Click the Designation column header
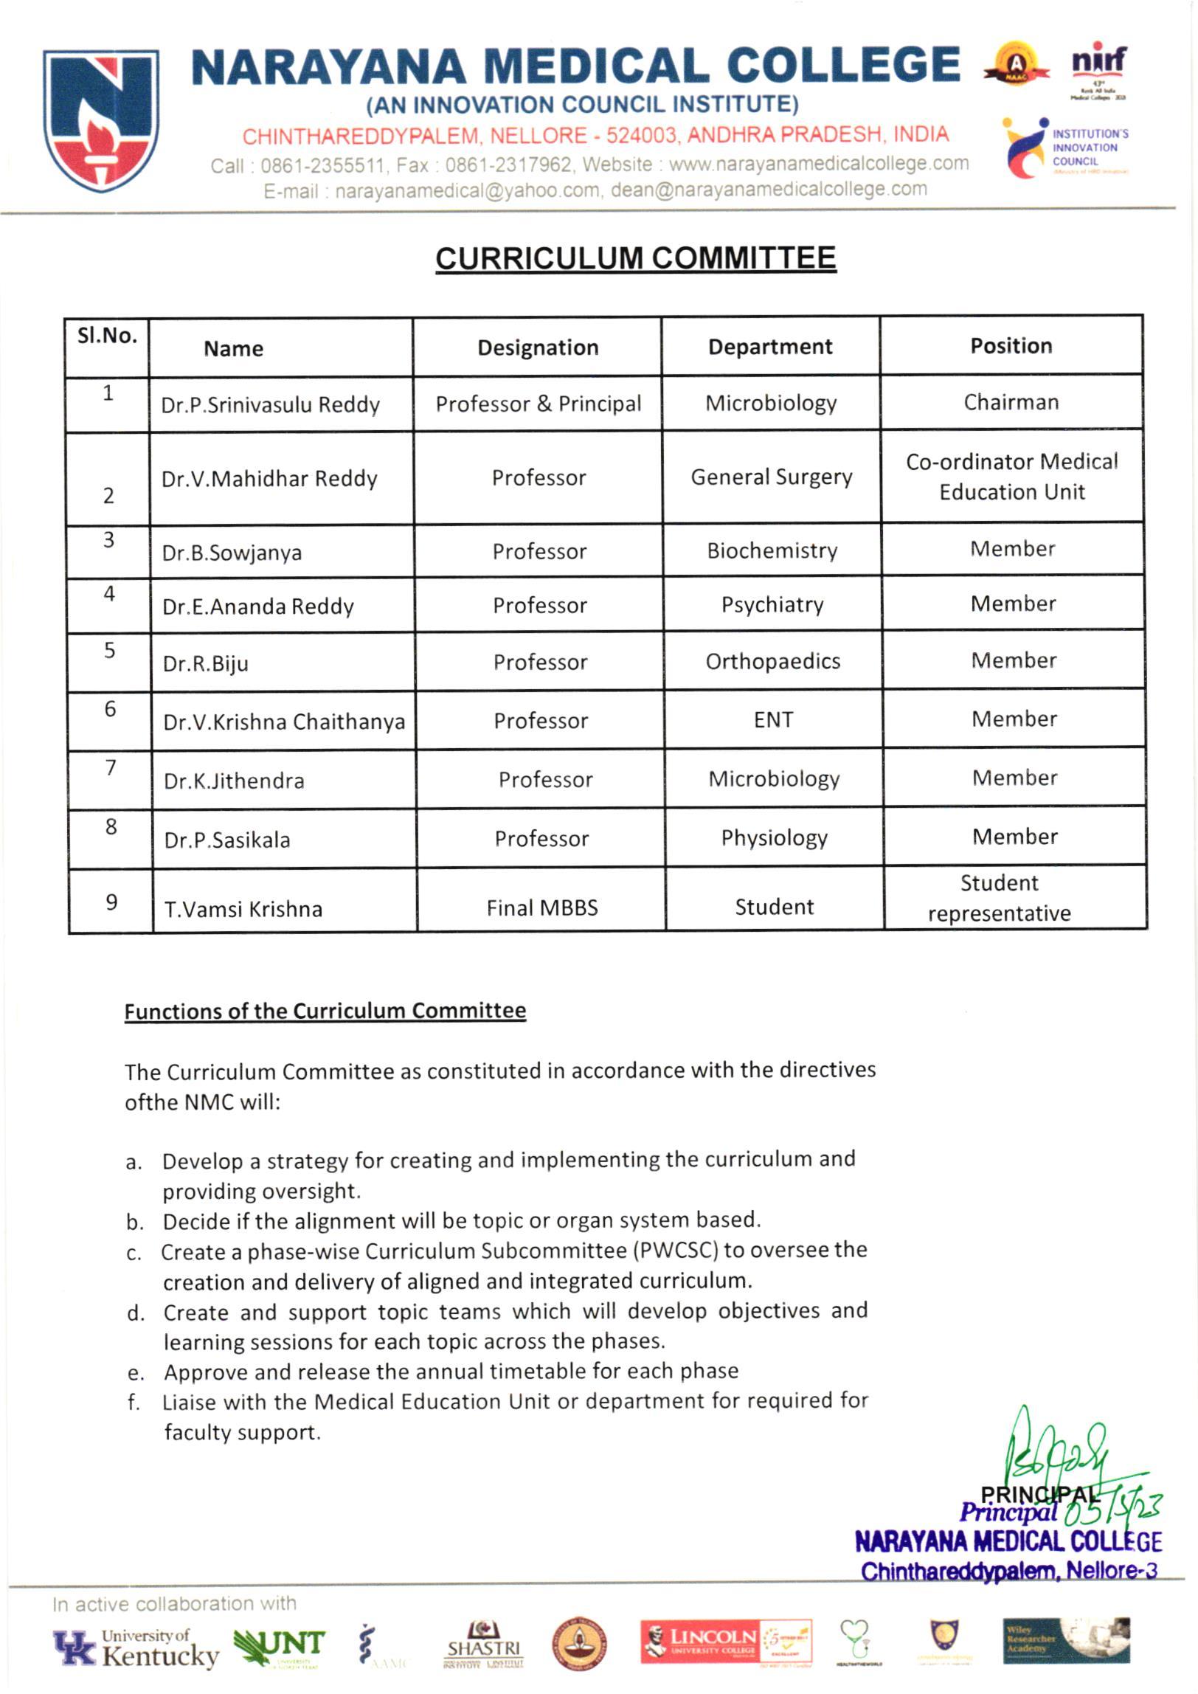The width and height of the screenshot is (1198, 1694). (538, 348)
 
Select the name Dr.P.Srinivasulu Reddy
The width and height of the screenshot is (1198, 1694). (270, 405)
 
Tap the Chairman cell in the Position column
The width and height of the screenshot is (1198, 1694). (1011, 402)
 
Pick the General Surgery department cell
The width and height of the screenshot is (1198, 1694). (771, 477)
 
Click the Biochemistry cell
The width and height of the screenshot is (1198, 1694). (772, 550)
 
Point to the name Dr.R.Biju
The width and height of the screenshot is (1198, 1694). (205, 663)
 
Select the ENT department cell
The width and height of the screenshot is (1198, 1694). (773, 719)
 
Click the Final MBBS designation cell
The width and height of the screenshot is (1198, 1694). (541, 907)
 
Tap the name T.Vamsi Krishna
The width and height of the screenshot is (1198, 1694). (243, 909)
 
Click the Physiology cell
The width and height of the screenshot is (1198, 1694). (774, 837)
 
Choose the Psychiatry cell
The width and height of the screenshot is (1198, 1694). (772, 605)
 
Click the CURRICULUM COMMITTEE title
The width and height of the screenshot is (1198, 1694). (635, 258)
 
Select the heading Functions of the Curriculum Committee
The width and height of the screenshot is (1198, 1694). (325, 1011)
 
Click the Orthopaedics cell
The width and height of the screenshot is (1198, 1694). (772, 661)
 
